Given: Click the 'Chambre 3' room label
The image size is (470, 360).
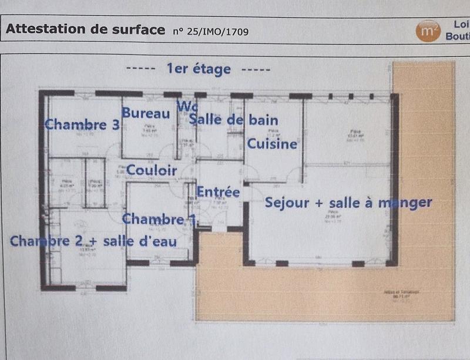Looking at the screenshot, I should click(82, 125).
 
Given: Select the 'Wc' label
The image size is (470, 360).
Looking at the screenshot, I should click(187, 107).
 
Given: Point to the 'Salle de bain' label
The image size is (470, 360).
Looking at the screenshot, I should click(233, 120).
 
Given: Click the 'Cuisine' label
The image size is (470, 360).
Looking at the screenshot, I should click(271, 144).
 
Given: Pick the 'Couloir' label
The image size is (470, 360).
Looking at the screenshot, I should click(152, 170).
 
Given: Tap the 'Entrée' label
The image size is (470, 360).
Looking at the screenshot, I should click(217, 192).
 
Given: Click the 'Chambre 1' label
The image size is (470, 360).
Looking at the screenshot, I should click(159, 219).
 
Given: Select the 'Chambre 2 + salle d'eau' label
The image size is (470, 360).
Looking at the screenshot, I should click(93, 241).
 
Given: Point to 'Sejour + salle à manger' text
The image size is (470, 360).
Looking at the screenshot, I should click(348, 203).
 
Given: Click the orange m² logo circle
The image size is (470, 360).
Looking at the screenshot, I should click(428, 31).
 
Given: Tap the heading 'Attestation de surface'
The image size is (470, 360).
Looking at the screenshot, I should click(85, 29).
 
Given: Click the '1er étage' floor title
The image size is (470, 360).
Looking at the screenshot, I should click(199, 69).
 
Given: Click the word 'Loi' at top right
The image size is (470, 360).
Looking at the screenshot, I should click(461, 25).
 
